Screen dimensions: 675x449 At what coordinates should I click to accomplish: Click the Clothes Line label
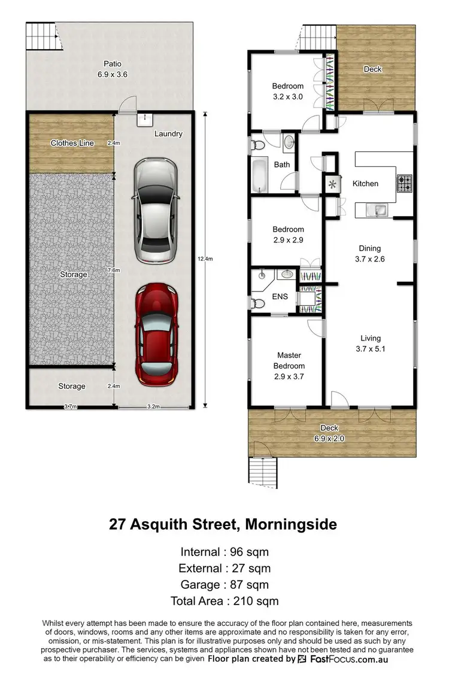pyautogui.click(x=72, y=143)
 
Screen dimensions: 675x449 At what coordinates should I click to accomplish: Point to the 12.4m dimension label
pyautogui.click(x=204, y=259)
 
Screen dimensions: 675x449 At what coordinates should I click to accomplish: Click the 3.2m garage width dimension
pyautogui.click(x=154, y=407)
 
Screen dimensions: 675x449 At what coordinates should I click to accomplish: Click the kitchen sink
pyautogui.click(x=379, y=209)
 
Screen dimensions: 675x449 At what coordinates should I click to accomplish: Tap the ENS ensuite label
pyautogui.click(x=280, y=296)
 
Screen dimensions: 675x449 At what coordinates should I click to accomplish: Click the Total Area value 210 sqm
pyautogui.click(x=257, y=601)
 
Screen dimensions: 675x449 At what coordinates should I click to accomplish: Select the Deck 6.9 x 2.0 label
pyautogui.click(x=329, y=433)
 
